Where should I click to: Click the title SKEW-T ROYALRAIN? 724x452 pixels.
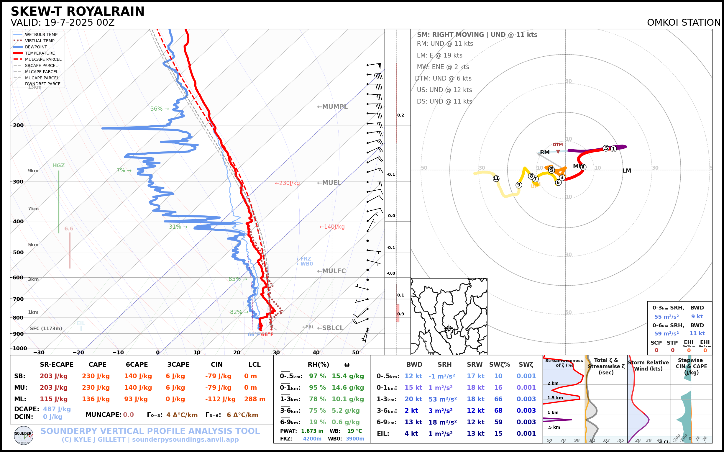pyautogui.click(x=77, y=12)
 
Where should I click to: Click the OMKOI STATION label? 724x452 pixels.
pyautogui.click(x=684, y=23)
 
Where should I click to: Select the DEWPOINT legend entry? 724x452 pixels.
pyautogui.click(x=36, y=47)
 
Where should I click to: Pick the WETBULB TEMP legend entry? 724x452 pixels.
pyautogui.click(x=41, y=35)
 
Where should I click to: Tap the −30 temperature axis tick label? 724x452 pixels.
pyautogui.click(x=39, y=353)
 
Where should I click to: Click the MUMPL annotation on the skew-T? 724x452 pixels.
pyautogui.click(x=332, y=107)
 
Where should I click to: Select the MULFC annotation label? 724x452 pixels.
pyautogui.click(x=331, y=271)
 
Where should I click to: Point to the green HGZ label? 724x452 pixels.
pyautogui.click(x=58, y=166)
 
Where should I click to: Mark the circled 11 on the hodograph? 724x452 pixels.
pyautogui.click(x=496, y=178)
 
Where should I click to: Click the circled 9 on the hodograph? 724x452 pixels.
pyautogui.click(x=519, y=185)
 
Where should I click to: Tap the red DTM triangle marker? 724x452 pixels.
pyautogui.click(x=558, y=152)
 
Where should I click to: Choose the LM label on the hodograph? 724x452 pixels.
pyautogui.click(x=627, y=171)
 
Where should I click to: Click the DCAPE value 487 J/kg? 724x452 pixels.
pyautogui.click(x=57, y=409)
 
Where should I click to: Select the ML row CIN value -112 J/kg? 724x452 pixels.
pyautogui.click(x=220, y=399)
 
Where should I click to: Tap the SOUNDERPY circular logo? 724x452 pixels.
pyautogui.click(x=24, y=435)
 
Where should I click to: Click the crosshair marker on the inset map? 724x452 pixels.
pyautogui.click(x=449, y=328)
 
